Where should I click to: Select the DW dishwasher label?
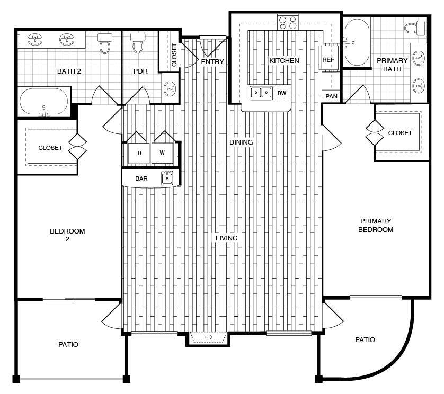point(282,93)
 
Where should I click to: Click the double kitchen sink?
point(261,93)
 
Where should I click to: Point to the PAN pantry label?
point(331,96)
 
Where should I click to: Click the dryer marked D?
point(139,153)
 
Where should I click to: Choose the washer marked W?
point(162,153)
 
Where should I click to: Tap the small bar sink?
point(168,178)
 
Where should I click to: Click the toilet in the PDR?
point(138,43)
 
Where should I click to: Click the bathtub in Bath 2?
point(44,101)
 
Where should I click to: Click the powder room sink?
point(170,88)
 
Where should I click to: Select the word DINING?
point(241,142)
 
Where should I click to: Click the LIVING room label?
point(226,238)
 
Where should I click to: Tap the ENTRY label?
point(212,62)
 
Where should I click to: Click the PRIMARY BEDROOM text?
point(376,225)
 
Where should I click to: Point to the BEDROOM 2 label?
point(67,235)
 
